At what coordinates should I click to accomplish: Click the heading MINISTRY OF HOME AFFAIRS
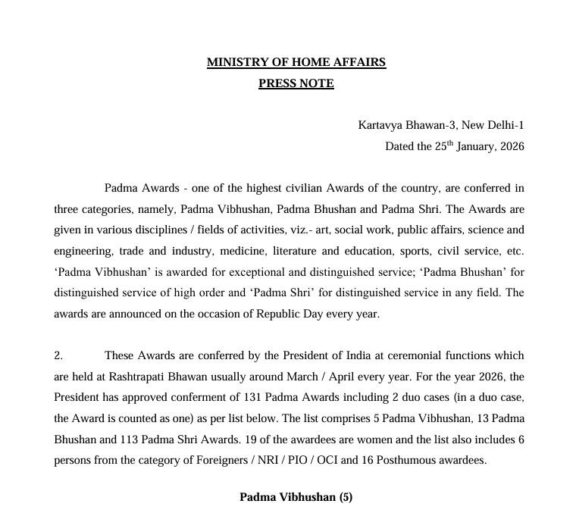pyautogui.click(x=296, y=62)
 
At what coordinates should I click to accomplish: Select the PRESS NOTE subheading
pyautogui.click(x=296, y=83)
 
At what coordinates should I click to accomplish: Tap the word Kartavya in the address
pyautogui.click(x=381, y=124)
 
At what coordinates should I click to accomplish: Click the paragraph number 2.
pyautogui.click(x=58, y=355)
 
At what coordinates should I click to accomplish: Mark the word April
pyautogui.click(x=324, y=376)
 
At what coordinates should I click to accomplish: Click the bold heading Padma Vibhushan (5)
pyautogui.click(x=296, y=497)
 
